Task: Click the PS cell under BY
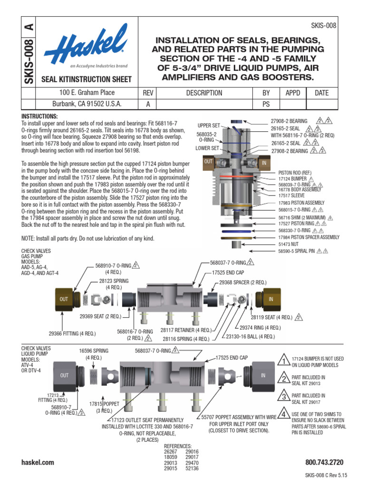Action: [266, 105]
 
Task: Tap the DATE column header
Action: [321, 93]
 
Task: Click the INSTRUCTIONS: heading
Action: [39, 117]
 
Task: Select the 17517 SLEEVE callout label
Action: [292, 195]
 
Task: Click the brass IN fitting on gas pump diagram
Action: [270, 299]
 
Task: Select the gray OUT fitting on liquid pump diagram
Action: [65, 375]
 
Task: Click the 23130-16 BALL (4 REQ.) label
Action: [250, 336]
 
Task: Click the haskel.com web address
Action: [38, 462]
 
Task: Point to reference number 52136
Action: [192, 468]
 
